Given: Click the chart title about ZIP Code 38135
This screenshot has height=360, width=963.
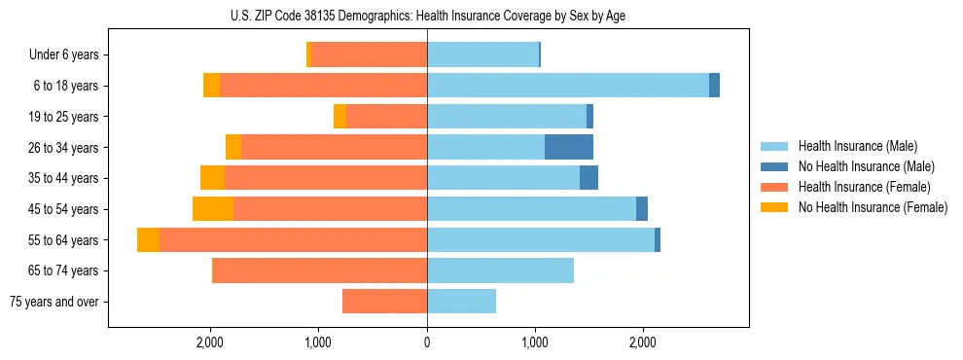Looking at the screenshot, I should pyautogui.click(x=428, y=15).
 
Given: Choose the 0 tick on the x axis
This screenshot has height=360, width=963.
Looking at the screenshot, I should pyautogui.click(x=427, y=342).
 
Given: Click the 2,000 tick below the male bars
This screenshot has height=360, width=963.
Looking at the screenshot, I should pyautogui.click(x=642, y=342).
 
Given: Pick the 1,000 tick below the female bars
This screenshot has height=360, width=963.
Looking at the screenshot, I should pyautogui.click(x=319, y=342).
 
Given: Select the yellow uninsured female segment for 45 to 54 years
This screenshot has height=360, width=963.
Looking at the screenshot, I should pyautogui.click(x=213, y=209).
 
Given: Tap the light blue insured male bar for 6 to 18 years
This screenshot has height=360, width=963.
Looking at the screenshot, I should pyautogui.click(x=568, y=86).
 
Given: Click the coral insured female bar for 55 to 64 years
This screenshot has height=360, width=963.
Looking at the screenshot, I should pyautogui.click(x=293, y=240).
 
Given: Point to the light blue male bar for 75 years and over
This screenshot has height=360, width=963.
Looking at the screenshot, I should pyautogui.click(x=461, y=302).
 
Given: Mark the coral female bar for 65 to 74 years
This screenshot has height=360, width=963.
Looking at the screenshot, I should pyautogui.click(x=320, y=270).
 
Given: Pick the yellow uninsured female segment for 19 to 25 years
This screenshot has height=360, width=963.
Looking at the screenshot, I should pyautogui.click(x=339, y=117).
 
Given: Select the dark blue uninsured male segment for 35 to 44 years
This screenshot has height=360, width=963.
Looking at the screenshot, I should pyautogui.click(x=588, y=178).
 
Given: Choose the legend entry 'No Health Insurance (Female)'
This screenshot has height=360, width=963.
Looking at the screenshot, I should pyautogui.click(x=873, y=207).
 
